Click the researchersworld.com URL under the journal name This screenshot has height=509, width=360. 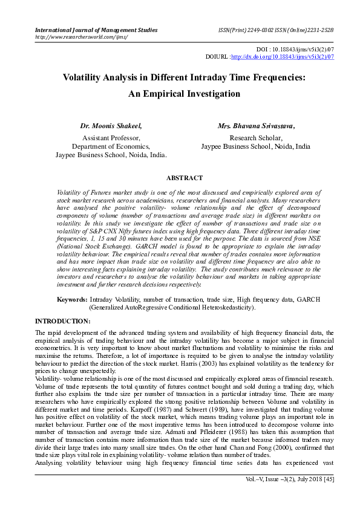(81, 37)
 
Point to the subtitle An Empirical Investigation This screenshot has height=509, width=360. (184, 94)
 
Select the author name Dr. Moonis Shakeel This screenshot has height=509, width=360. (111, 126)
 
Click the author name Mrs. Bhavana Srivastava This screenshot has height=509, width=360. (256, 126)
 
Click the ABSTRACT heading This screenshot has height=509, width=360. (185, 178)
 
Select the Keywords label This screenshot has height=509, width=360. (72, 299)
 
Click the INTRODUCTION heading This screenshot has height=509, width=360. (63, 320)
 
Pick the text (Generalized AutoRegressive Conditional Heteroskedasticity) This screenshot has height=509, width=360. (172, 307)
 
